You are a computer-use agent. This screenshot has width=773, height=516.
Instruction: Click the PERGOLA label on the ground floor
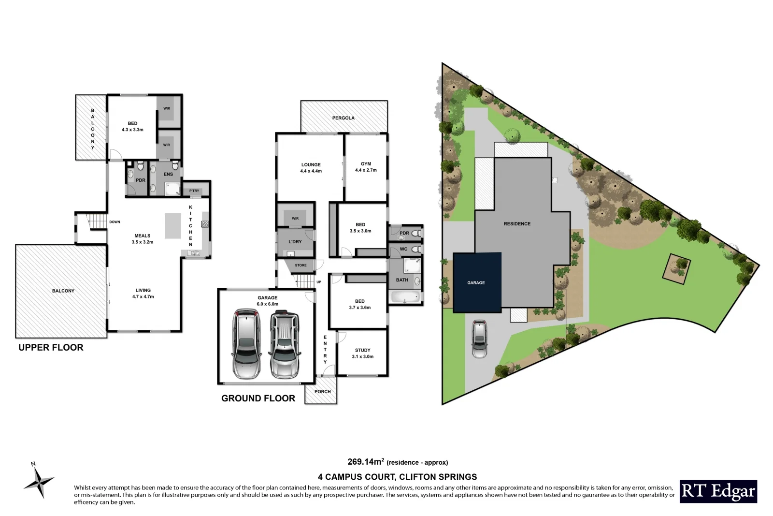[343, 118]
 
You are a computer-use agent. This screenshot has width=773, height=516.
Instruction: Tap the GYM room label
[366, 164]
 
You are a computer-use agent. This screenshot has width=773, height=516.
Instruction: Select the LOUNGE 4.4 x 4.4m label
[311, 168]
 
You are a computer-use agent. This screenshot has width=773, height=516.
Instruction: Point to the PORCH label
[322, 392]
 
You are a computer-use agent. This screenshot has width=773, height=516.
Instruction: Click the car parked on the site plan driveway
[479, 339]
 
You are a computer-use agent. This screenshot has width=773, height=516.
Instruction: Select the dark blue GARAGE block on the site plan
[476, 283]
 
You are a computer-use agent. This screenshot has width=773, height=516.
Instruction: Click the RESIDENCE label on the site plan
[517, 224]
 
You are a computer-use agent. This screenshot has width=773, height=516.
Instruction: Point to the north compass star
[39, 481]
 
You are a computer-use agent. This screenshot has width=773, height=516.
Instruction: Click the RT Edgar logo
[718, 491]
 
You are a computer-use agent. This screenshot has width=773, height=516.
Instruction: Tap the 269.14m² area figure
[366, 461]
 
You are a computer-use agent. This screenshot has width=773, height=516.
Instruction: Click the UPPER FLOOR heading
[51, 347]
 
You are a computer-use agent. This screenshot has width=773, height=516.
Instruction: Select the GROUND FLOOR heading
[258, 398]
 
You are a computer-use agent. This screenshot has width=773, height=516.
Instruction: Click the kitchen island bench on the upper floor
[173, 226]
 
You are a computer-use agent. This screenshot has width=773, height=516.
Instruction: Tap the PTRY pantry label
[194, 191]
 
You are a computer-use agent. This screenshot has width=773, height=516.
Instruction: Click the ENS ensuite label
[168, 174]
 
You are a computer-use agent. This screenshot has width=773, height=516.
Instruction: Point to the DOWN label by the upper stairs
[115, 222]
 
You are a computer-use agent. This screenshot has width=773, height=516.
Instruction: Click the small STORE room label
[301, 265]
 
